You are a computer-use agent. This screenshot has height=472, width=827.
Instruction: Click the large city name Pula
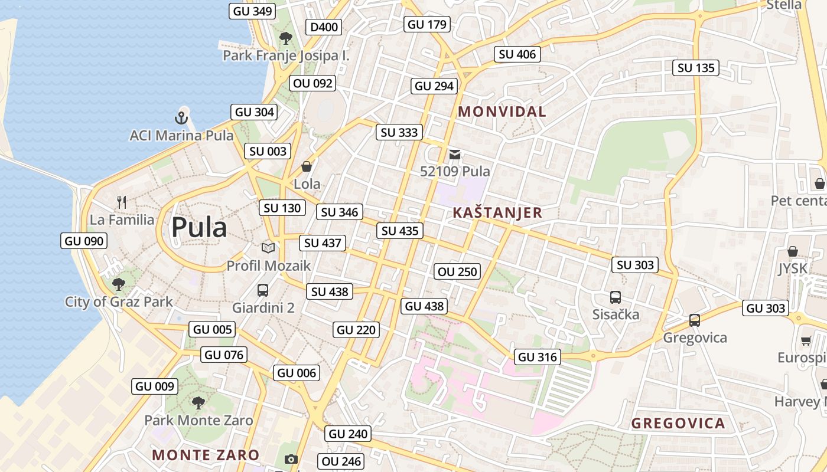click(199, 228)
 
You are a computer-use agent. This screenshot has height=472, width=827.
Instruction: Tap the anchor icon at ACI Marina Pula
click(182, 117)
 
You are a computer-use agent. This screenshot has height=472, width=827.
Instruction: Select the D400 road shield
click(324, 27)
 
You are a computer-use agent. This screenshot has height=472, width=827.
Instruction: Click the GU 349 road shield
click(252, 11)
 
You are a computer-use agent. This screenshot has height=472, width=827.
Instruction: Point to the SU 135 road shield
click(696, 68)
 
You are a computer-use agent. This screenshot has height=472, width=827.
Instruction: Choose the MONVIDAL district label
click(502, 112)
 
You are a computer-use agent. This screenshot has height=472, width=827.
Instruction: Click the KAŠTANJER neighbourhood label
click(497, 213)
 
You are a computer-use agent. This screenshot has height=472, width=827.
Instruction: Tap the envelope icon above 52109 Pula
click(455, 155)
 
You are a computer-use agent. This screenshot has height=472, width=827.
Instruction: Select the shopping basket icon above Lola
click(307, 167)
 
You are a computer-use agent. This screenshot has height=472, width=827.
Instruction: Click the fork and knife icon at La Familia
click(122, 202)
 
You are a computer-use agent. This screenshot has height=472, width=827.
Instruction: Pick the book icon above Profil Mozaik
click(268, 248)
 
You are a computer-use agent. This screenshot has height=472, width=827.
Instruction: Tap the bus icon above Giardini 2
click(263, 290)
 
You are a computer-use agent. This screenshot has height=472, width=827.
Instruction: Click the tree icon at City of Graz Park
click(119, 284)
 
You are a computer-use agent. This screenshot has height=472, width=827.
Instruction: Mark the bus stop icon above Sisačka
click(616, 297)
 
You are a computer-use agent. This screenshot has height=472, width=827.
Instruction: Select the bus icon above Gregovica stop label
click(695, 320)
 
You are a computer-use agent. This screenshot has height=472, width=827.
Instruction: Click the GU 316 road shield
click(537, 357)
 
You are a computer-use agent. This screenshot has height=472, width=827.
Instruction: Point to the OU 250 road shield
click(457, 271)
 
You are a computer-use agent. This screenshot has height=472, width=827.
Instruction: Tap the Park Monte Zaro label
click(198, 421)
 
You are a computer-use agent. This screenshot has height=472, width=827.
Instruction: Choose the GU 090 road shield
click(84, 241)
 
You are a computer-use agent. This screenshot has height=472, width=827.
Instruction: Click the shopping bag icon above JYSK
click(793, 251)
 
